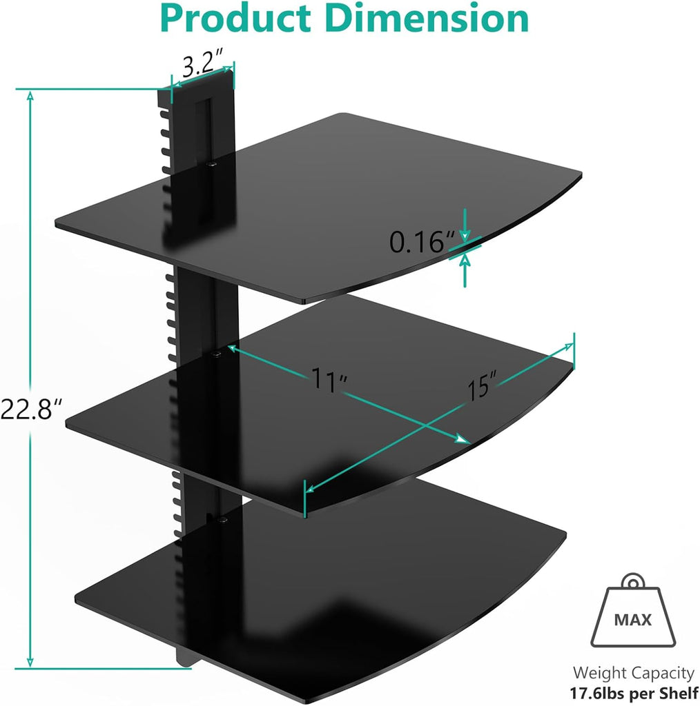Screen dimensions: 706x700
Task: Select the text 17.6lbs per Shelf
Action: [632, 692]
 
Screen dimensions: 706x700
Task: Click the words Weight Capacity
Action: [632, 673]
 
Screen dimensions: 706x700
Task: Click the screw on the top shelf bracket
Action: [212, 164]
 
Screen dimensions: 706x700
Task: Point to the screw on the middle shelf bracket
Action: [217, 354]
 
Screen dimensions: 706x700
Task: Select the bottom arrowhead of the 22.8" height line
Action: [30, 662]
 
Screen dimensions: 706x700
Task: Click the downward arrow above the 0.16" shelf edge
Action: [465, 222]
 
